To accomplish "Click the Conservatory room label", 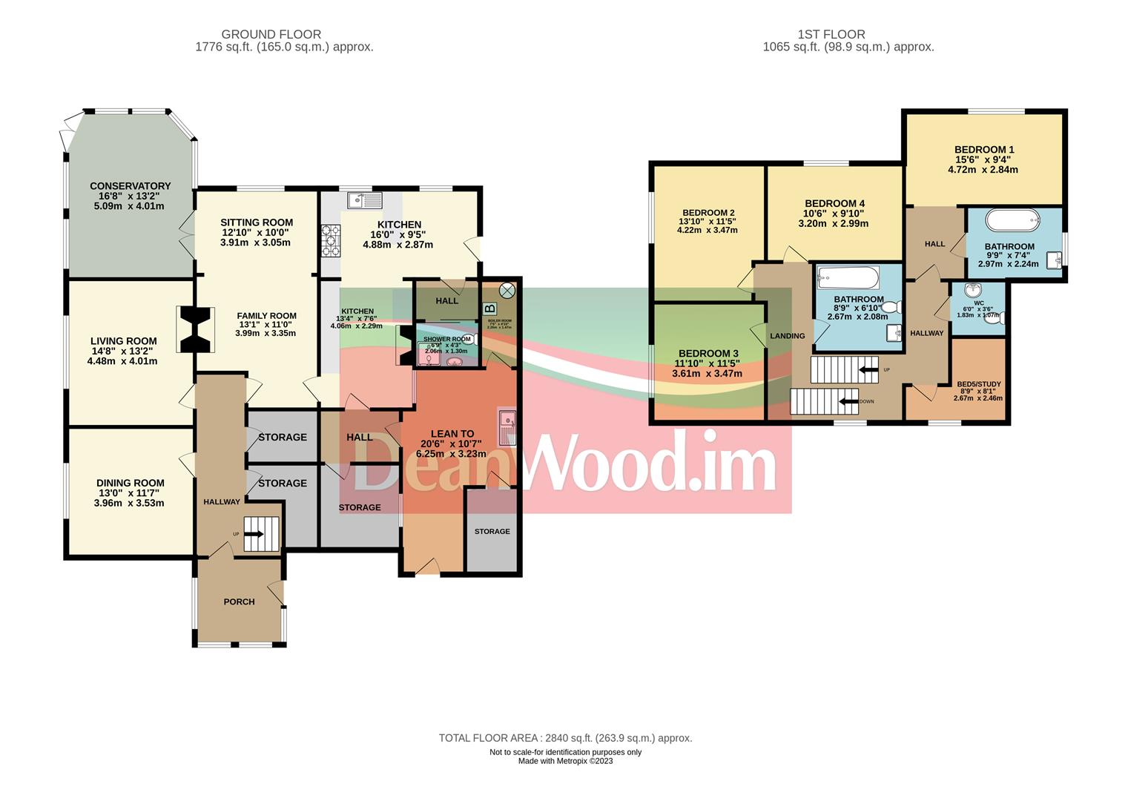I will point(130,186).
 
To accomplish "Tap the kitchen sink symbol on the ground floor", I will point(364,200).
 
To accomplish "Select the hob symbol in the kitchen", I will point(330,241).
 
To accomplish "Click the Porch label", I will point(239,601).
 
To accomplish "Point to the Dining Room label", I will point(130,483).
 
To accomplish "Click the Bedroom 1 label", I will point(983,149).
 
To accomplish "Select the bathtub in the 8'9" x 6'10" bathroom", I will point(847,278).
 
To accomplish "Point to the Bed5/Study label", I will point(978,384).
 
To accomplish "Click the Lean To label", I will point(452,434).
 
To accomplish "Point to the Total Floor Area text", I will point(564,738).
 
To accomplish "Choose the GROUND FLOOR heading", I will point(271,34).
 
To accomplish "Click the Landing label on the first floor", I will point(787,336).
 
